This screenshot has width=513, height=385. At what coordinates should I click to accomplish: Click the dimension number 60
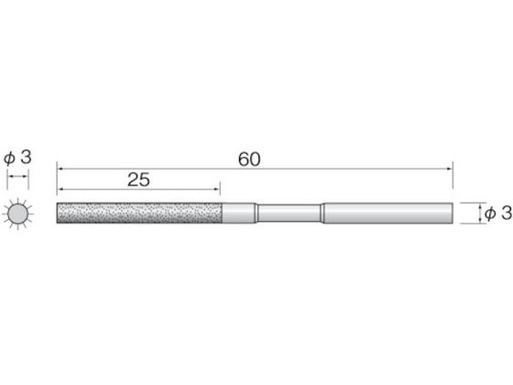coord(249,159)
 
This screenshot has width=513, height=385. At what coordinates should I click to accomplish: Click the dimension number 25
coord(138,180)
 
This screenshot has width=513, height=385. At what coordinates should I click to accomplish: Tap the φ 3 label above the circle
coord(17,158)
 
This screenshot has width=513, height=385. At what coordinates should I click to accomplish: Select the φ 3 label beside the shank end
coord(498,214)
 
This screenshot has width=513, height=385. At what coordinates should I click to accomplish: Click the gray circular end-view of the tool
coord(17,214)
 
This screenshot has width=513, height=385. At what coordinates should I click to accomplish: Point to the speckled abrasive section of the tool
coord(139,213)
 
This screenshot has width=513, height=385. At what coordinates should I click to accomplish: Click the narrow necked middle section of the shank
coord(289,213)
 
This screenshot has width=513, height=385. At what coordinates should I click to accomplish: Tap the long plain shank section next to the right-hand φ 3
coord(388,213)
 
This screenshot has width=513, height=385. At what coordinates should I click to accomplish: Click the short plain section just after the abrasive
coord(239,213)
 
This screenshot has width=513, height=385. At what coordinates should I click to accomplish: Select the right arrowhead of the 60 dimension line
coord(450,169)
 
